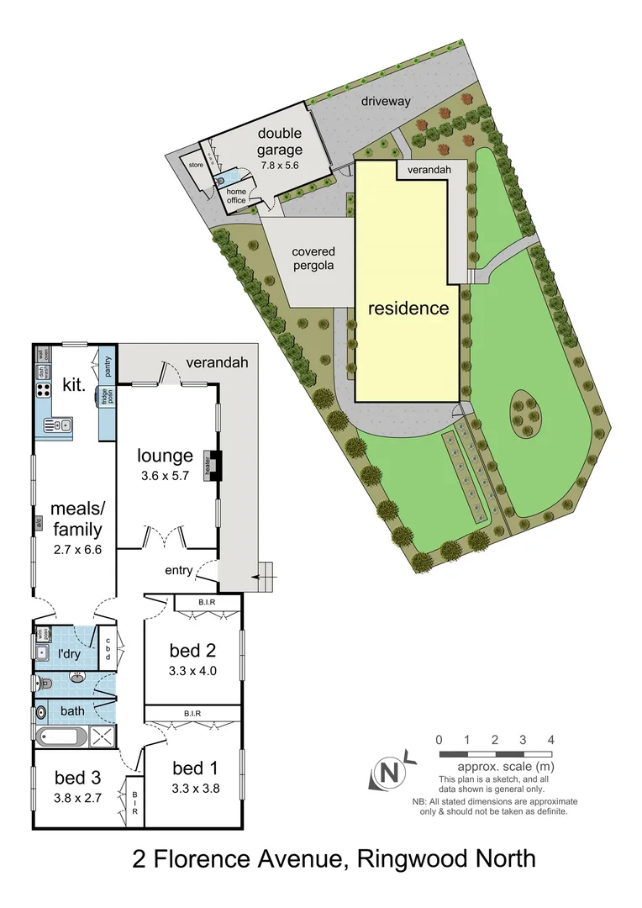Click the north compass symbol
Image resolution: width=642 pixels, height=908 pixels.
pos(388,770)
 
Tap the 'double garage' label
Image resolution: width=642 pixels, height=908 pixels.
pos(280,141)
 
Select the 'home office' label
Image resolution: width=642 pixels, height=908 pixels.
pos(236,195)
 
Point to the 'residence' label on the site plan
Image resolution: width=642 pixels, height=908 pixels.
pos(408,308)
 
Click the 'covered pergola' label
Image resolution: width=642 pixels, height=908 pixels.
pos(313,258)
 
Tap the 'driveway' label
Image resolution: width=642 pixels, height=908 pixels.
pos(386,101)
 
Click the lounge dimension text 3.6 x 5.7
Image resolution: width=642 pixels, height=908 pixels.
pos(166,475)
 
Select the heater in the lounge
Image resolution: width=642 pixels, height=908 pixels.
pos(214,464)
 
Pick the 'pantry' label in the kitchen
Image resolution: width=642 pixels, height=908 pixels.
pos(108,367)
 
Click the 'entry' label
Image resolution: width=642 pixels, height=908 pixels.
pos(178,571)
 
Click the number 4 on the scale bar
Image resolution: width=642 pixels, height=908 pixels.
pos(550,740)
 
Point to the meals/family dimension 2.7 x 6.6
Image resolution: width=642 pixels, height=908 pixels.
pos(76,550)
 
